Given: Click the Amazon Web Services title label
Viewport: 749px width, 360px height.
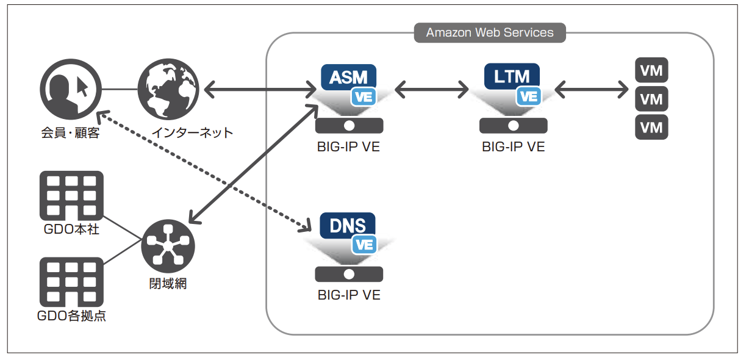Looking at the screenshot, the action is (x=490, y=32).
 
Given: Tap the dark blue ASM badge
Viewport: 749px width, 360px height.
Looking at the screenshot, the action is (x=348, y=77).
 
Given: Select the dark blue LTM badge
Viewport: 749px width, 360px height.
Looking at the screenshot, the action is (x=512, y=76).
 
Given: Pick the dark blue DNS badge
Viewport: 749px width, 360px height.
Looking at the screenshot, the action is (x=347, y=225).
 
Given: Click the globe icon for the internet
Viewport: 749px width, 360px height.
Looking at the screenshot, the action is (x=168, y=89).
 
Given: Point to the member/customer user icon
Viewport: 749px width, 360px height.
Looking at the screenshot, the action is (x=71, y=89).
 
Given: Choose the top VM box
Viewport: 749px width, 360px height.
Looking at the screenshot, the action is (x=651, y=70).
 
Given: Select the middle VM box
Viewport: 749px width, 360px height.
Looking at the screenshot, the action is (x=651, y=99).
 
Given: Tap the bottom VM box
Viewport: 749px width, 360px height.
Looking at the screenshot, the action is (x=651, y=127).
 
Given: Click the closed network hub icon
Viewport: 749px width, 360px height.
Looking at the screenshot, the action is (x=168, y=247).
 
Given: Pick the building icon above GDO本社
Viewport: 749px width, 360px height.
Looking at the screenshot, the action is (x=71, y=196).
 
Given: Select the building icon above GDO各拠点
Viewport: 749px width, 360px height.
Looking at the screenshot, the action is (x=71, y=282).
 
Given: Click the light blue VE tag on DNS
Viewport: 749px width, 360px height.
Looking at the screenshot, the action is (x=364, y=245).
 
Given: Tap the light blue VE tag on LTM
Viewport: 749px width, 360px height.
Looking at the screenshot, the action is (x=528, y=96).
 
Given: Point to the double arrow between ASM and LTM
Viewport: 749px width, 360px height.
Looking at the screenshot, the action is (x=432, y=89).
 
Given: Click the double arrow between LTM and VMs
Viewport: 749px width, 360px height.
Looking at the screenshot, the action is (x=592, y=89).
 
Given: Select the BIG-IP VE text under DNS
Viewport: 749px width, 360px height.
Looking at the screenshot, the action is (x=349, y=295).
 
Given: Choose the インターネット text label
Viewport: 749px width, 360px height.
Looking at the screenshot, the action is (x=193, y=133).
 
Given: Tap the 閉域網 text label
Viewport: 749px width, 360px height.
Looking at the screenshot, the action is (x=168, y=284).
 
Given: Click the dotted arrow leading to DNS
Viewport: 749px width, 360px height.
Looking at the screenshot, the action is (x=204, y=171).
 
